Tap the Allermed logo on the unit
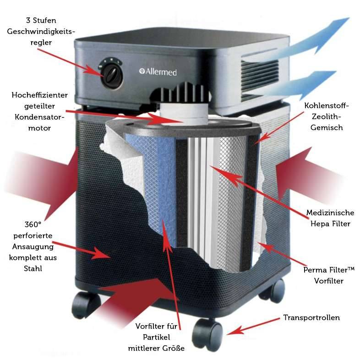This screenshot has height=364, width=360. [x=158, y=72]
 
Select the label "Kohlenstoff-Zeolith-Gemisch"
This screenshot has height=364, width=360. [x=326, y=116]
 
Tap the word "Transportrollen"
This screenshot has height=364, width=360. [x=311, y=317]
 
